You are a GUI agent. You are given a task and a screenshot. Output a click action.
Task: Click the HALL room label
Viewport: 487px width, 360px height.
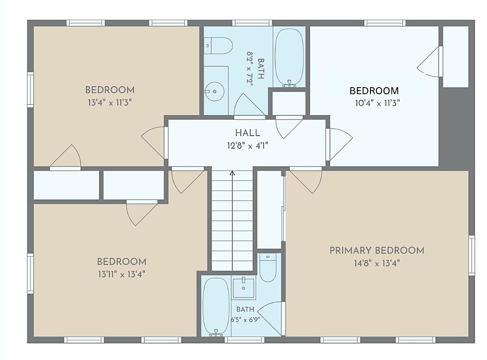(247, 133)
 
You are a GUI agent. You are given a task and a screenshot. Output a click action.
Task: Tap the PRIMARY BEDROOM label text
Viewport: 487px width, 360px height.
(377, 251)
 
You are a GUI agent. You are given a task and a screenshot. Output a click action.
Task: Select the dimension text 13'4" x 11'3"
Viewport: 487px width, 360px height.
(110, 102)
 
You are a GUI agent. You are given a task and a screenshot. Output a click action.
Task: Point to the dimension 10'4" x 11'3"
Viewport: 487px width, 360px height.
(378, 103)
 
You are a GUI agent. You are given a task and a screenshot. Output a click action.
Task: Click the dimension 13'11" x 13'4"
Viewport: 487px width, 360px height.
(122, 274)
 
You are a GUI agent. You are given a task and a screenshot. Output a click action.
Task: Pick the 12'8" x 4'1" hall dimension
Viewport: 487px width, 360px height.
(247, 145)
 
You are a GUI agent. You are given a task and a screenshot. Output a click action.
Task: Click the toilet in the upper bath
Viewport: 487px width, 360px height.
(218, 46)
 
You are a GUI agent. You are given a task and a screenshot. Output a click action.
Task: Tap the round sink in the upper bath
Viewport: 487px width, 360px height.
(214, 92)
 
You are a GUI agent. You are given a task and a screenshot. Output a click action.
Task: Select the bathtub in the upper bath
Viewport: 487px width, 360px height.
(289, 57)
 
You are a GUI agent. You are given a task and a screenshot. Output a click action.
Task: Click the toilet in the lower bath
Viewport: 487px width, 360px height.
(268, 268)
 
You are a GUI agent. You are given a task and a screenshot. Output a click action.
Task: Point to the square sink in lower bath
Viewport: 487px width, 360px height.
(244, 288)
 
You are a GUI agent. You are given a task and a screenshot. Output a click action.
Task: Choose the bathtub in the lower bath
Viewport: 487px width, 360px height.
(216, 306)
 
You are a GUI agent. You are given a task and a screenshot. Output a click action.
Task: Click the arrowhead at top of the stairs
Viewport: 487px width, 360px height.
(232, 173)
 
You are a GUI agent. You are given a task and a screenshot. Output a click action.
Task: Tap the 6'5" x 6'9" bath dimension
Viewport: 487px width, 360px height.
(245, 320)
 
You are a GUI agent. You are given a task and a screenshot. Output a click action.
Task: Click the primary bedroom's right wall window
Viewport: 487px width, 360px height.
(472, 255)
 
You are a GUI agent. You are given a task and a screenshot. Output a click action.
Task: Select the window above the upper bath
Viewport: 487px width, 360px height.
(252, 23)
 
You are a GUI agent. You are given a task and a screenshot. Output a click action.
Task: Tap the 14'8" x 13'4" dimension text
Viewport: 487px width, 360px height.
(377, 263)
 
